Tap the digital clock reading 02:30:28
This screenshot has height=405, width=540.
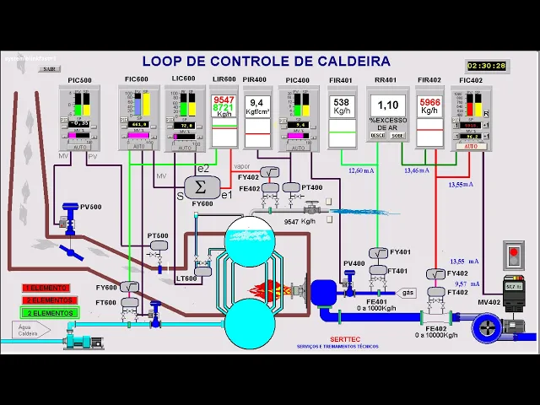click(x=487, y=65)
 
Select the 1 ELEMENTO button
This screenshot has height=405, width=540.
click(x=50, y=289)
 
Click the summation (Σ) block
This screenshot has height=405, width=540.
click(x=201, y=186)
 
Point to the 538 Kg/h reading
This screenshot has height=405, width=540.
click(x=342, y=105)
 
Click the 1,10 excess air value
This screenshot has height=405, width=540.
click(x=387, y=105)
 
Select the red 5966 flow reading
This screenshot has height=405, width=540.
click(x=429, y=105)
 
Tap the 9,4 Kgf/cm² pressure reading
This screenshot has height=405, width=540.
click(x=256, y=105)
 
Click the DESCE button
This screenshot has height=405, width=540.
click(x=378, y=134)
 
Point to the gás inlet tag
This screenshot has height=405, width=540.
click(x=408, y=293)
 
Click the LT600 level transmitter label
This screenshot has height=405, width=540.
click(x=186, y=278)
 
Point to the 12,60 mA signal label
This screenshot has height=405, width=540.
click(x=361, y=170)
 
